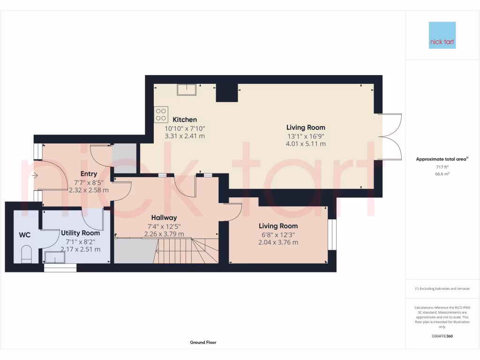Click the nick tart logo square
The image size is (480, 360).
442,35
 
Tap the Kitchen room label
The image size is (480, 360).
185,120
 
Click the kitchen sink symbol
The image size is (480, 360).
187,89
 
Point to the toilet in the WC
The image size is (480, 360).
27,254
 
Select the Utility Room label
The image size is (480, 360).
81,233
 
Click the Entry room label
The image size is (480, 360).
89,174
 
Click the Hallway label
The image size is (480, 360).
164,217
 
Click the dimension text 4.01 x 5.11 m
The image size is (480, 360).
306,144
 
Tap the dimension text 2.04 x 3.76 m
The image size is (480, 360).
278,242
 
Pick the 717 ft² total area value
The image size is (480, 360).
442,167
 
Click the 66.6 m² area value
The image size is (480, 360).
442,173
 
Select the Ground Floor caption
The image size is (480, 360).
203,343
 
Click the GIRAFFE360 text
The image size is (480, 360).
442,336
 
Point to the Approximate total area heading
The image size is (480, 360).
442,159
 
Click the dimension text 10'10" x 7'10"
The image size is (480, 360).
185,128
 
